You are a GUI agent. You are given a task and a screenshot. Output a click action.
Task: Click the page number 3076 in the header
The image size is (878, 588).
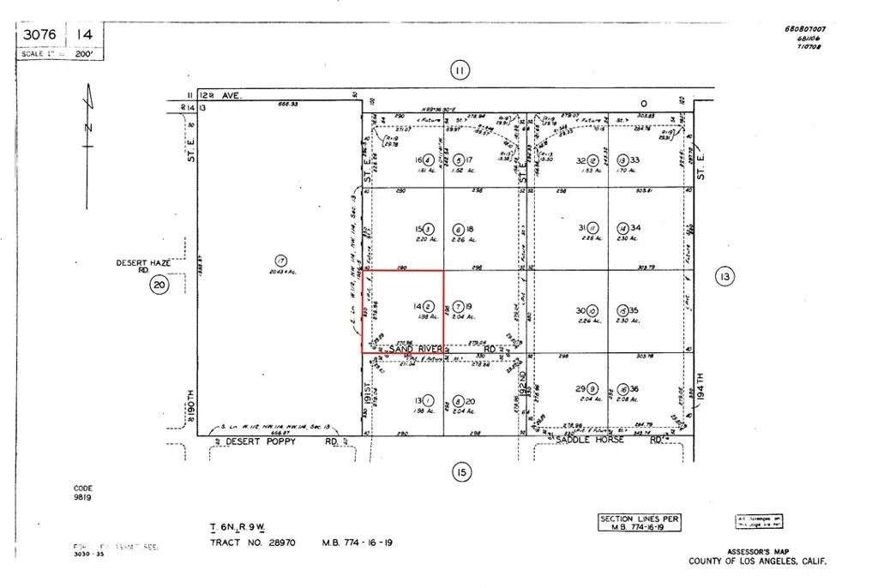click(x=40, y=35)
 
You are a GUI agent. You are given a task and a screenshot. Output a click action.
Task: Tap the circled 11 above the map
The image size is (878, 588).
click(x=460, y=71)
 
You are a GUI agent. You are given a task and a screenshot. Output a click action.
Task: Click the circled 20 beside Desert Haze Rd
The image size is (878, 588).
click(x=159, y=285)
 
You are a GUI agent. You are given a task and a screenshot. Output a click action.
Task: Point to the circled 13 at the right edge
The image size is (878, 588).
click(x=725, y=276)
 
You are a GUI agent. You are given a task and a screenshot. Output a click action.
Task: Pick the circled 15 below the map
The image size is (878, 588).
click(x=460, y=471)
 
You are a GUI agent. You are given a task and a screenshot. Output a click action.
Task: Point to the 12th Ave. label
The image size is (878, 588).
click(x=221, y=96)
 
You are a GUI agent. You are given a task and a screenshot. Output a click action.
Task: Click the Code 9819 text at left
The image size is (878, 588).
click(x=82, y=492)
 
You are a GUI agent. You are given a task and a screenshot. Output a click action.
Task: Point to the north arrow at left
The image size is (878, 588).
click(x=88, y=146)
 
